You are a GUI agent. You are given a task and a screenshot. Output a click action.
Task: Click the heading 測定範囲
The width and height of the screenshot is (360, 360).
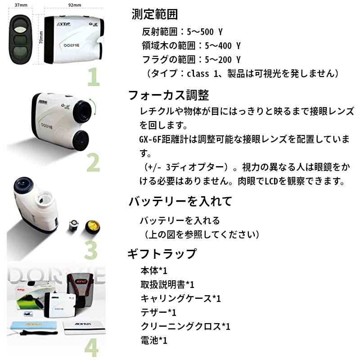pyautogui.click(x=155, y=14)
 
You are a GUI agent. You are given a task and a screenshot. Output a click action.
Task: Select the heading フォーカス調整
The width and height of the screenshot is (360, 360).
pyautogui.click(x=169, y=95)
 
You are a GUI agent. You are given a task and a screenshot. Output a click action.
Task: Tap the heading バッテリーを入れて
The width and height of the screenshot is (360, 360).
pyautogui.click(x=180, y=201)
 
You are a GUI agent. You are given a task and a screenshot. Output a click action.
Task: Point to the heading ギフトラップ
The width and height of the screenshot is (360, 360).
pyautogui.click(x=162, y=254)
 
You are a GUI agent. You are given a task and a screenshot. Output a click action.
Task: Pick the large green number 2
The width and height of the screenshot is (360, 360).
pyautogui.click(x=93, y=164)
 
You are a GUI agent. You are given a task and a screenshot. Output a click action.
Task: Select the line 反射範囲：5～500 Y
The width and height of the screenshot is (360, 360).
pyautogui.click(x=182, y=32)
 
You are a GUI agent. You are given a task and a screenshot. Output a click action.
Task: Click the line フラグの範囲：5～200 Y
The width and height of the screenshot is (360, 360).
pyautogui.click(x=191, y=59)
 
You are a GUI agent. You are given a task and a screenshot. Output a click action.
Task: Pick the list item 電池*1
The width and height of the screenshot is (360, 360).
pyautogui.click(x=154, y=340)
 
